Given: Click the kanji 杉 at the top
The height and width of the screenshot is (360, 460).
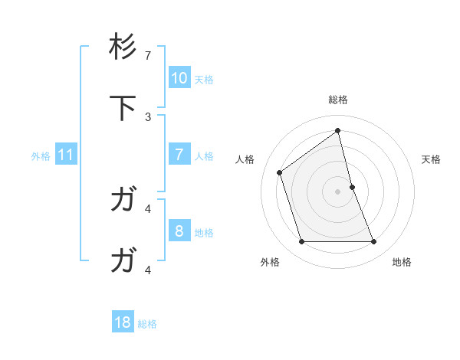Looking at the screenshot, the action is coord(123,47).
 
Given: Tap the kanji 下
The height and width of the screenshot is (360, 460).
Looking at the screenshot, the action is coord(123,108).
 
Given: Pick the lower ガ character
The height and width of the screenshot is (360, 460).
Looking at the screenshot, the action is coord(123,261).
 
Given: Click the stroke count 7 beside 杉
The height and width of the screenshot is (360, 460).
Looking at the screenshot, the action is coord(148,56).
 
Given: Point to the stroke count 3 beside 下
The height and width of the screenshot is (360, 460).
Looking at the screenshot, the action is coord(148,116).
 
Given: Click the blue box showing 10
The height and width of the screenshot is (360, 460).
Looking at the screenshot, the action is coord(179,78).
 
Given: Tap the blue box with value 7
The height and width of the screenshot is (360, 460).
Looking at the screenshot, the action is coord(179,155).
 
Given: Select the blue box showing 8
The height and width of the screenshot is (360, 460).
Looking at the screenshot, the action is coord(179,231).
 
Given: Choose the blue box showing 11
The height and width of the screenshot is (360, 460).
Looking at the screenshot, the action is coord(66,155).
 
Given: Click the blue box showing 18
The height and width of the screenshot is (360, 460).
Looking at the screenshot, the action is coord(123,322).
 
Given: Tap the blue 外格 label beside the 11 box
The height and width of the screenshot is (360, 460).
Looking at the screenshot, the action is coord(41,156).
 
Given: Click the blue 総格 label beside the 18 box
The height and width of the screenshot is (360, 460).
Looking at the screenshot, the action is coord(147,324).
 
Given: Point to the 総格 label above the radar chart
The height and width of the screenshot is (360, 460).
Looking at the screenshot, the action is coord(338,100).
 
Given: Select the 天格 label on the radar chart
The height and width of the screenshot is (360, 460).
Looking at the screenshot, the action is coord(432,159).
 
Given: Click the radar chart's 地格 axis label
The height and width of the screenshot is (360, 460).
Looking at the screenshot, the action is coord(402,262).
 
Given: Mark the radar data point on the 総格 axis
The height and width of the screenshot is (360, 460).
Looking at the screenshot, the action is coord(338,130).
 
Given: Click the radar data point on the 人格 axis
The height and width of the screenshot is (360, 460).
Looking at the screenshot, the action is coord(280,172).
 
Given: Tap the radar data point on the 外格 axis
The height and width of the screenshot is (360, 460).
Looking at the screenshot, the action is coord(301,242).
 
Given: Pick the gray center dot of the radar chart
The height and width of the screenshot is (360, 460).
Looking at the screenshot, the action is coord(338,191).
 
